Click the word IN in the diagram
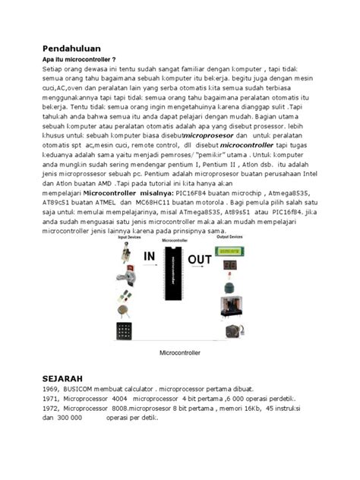(145, 258)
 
